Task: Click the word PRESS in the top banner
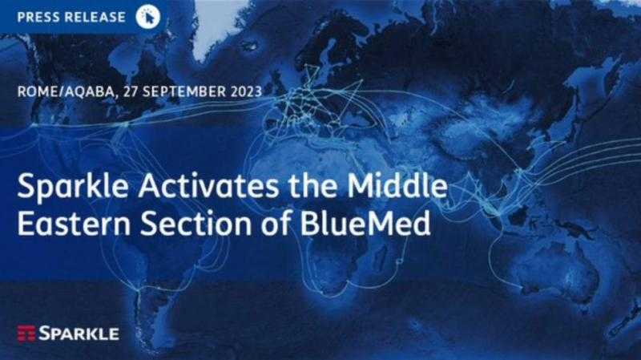[x=37, y=17]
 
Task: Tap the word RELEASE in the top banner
[x=94, y=17]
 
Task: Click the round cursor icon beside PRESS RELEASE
[x=148, y=17]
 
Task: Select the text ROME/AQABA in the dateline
[x=66, y=91]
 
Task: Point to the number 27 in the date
[x=131, y=91]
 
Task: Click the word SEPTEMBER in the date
[x=184, y=91]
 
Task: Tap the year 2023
[x=246, y=91]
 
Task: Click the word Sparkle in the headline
[x=73, y=186]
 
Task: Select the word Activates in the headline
[x=209, y=186]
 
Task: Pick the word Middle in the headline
[x=397, y=185]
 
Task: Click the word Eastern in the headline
[x=74, y=224]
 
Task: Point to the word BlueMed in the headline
[x=365, y=224]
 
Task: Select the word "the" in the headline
[x=313, y=185]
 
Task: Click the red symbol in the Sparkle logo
[x=26, y=334]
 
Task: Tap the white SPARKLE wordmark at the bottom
[x=79, y=334]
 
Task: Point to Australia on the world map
[x=560, y=270]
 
